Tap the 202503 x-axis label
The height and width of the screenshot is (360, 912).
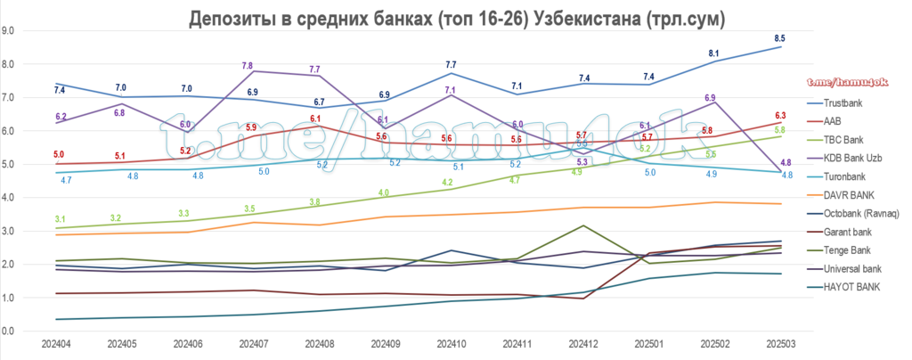780,343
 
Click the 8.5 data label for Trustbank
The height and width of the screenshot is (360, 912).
780,37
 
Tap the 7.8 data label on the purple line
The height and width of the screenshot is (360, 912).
248,66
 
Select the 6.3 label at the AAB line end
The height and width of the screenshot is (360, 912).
780,116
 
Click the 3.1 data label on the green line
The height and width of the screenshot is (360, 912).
59,219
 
